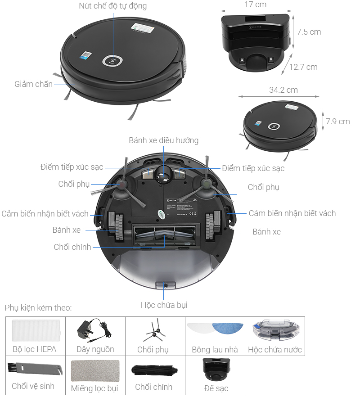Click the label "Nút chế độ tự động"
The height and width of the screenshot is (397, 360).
[x=112, y=6]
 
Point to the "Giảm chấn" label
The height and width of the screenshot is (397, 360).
[x=33, y=84]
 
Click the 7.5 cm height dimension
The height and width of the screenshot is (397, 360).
[x=309, y=32]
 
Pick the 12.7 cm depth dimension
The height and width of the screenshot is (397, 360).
[x=303, y=67]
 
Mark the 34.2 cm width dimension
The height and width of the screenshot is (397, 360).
[x=283, y=90]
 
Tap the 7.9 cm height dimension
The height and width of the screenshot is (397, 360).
[x=337, y=122]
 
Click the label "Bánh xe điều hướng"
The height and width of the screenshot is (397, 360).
[x=163, y=140]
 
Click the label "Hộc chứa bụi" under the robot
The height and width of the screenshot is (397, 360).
[x=164, y=305]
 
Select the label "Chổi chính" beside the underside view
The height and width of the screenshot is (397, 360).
[x=72, y=247]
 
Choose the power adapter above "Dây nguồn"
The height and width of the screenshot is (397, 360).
[x=92, y=330]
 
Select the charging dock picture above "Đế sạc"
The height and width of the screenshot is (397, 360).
[x=216, y=369]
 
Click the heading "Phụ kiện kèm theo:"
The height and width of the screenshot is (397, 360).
[x=38, y=308]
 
